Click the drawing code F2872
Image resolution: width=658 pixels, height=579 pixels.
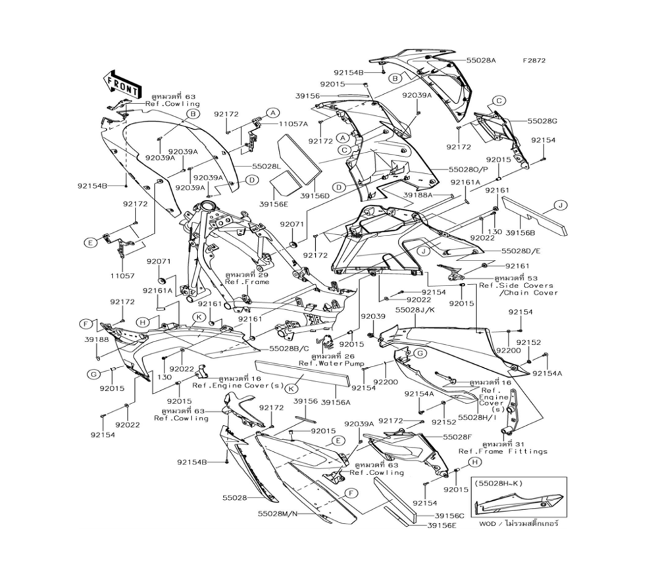534,61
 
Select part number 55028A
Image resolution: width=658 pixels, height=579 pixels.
481,60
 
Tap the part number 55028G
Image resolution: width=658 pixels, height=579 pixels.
542,121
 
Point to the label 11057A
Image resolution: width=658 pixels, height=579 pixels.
293,124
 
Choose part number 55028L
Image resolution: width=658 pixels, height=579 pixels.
248,166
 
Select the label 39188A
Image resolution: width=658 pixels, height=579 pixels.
418,195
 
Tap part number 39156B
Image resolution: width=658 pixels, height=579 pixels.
519,232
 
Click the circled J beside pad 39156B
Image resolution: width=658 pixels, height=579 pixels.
558,206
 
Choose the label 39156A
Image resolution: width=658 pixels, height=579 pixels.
335,401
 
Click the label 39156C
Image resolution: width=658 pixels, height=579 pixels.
449,516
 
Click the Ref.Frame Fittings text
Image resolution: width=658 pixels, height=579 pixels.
503,451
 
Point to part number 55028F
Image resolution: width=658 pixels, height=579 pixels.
457,437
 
